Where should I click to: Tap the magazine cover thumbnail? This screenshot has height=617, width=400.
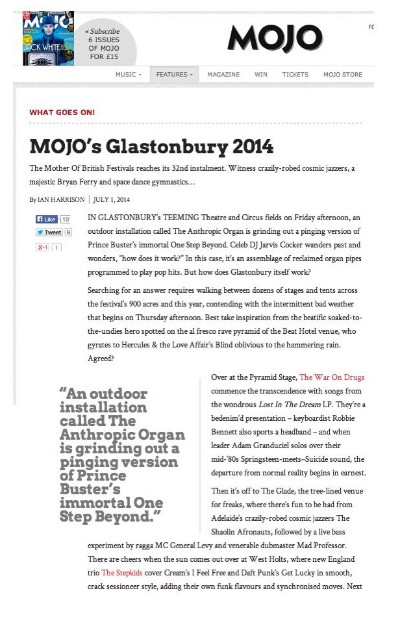[x=47, y=38]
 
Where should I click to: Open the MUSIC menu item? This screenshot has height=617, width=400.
[x=128, y=75]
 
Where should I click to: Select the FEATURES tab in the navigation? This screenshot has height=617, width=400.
[x=174, y=75]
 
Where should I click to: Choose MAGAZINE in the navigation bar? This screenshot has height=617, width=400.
[x=223, y=75]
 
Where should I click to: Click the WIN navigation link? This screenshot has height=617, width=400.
[x=261, y=75]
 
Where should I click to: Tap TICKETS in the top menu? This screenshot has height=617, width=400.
[x=295, y=75]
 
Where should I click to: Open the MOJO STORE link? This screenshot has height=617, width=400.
[x=343, y=75]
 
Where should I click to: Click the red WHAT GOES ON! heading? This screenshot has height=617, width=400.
[x=62, y=112]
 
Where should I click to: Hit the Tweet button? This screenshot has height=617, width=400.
[x=49, y=232]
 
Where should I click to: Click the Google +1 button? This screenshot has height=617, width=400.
[x=44, y=247]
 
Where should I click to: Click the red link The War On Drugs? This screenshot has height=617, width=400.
[x=332, y=377]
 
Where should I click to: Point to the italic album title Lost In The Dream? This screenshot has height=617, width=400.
[x=290, y=404]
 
